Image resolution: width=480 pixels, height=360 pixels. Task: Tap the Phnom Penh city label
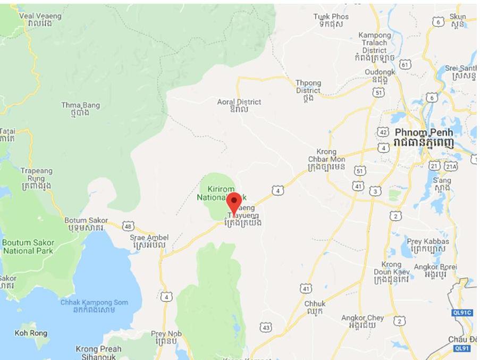424,137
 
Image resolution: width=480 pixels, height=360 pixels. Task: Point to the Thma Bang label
80,108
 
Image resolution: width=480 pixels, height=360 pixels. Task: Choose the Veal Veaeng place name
40,20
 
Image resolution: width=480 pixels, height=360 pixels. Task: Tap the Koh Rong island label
31,333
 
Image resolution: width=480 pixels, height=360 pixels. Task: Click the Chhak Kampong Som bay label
94,306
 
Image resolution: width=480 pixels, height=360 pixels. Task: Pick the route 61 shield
405,64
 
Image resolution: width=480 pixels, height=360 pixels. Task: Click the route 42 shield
383,131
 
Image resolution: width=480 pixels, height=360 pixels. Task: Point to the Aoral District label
239,105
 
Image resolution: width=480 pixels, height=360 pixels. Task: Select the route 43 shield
266,326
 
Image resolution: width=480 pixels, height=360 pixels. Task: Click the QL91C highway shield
462,313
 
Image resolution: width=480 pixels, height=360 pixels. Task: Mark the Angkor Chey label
362,321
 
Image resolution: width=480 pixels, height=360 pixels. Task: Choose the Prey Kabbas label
428,245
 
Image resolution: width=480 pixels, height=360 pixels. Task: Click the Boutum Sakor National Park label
28,246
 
